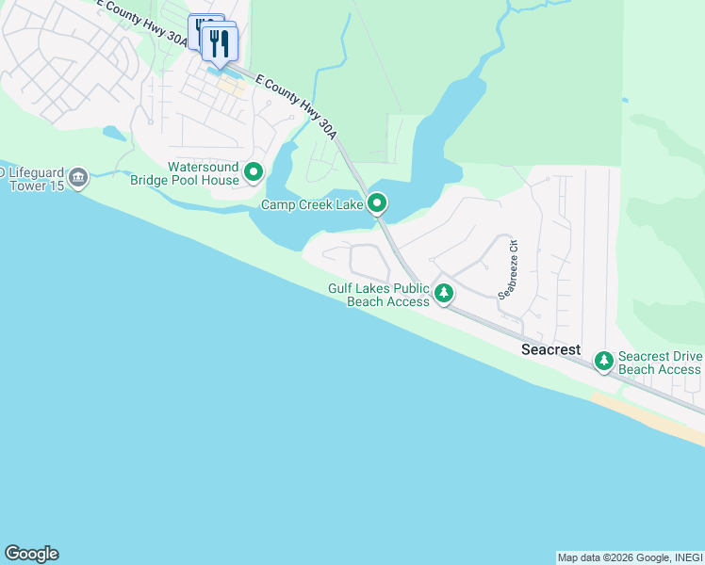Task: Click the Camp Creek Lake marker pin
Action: (377, 202)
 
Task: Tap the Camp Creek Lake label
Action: (312, 203)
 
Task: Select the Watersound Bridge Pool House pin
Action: (253, 172)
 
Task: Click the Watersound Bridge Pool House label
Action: (203, 173)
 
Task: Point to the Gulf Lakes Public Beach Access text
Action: (379, 295)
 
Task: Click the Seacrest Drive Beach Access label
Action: (660, 363)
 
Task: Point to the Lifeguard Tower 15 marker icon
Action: (78, 177)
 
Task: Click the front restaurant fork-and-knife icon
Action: (220, 41)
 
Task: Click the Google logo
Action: (31, 554)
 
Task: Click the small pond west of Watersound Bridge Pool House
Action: (114, 134)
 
